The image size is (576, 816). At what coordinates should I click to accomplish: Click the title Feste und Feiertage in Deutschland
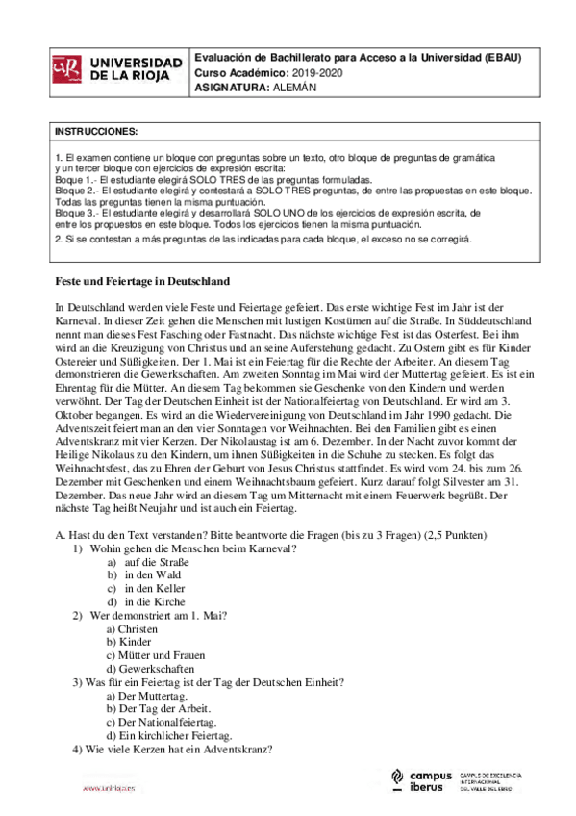pyautogui.click(x=139, y=282)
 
